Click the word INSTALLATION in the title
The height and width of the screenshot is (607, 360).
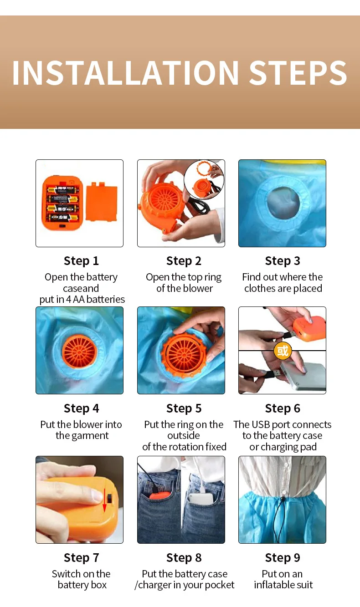click(x=125, y=72)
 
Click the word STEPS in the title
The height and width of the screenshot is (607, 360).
click(x=298, y=72)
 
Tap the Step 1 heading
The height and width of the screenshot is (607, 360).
click(x=81, y=261)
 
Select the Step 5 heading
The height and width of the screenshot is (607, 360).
click(x=184, y=408)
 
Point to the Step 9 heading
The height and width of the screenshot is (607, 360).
click(x=283, y=558)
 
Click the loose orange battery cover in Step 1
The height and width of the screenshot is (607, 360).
click(x=102, y=202)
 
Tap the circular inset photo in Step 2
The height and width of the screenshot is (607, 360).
click(x=204, y=180)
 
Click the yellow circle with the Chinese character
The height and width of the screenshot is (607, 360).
click(x=283, y=351)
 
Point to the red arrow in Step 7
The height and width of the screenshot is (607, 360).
click(x=104, y=500)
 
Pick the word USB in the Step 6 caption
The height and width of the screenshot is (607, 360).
click(x=261, y=424)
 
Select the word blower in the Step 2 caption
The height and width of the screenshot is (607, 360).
click(x=197, y=288)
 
